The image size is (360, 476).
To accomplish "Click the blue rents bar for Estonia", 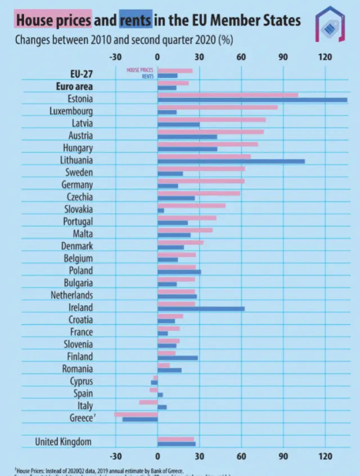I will point(252,100).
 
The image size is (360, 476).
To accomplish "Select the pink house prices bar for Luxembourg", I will point(217,107).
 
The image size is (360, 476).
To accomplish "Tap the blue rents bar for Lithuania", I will point(231,161).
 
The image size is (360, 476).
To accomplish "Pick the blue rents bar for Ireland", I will point(201,309).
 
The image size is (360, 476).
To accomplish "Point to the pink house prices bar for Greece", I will point(136,415).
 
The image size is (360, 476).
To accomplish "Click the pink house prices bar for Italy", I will point(148,402).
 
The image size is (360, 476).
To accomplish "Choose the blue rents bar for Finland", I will point(178,358).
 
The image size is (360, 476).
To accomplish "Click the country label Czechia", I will point(79,197).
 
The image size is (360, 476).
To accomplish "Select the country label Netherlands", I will point(72,295).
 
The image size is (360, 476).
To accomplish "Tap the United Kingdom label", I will point(63,442).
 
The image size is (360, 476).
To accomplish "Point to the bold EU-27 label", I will point(82,74).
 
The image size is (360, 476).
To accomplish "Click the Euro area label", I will point(74,87).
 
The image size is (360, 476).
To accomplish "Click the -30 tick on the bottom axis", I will point(115,456).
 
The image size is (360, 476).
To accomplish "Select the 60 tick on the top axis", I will point(241,57).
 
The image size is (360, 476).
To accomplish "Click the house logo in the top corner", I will point(330,25).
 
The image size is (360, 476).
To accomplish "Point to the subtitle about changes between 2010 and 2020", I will point(124,41).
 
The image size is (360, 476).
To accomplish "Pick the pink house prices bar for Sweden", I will point(201,168).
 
